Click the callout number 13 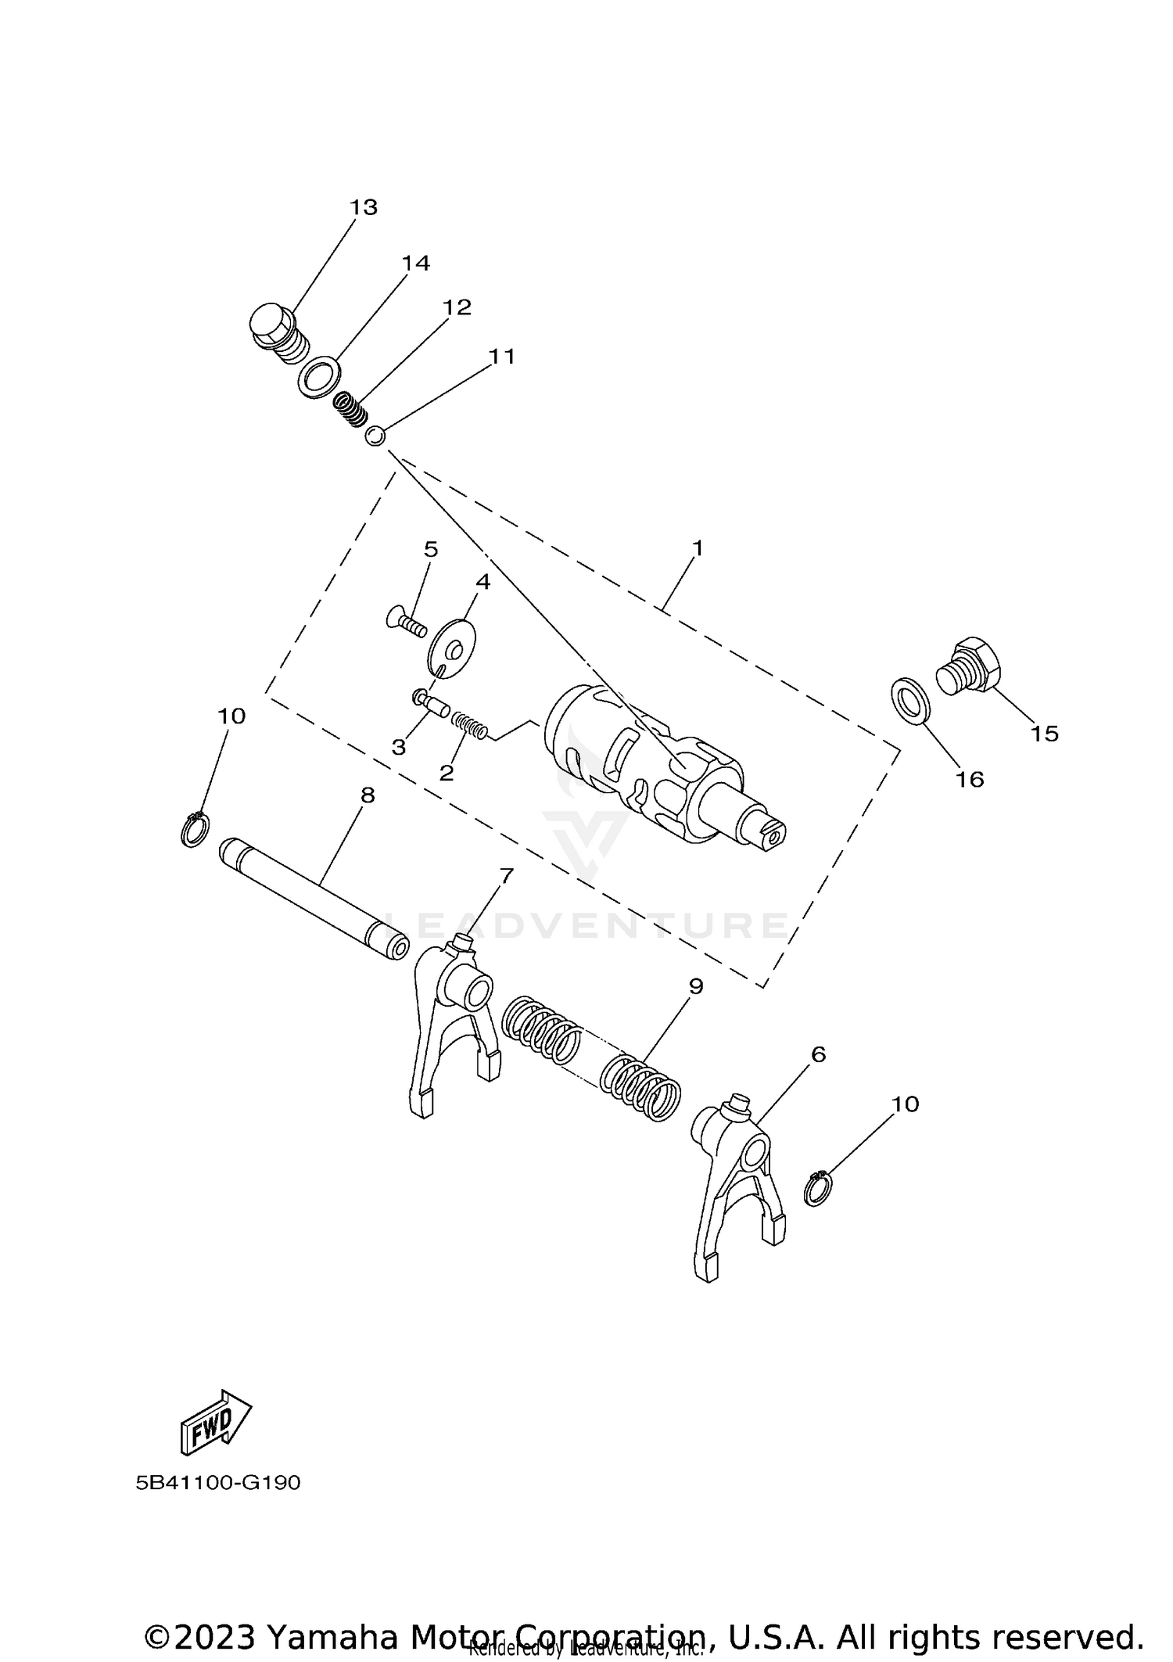[x=364, y=207]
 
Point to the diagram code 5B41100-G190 [x=218, y=1483]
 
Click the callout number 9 [x=696, y=986]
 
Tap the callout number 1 [x=698, y=548]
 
